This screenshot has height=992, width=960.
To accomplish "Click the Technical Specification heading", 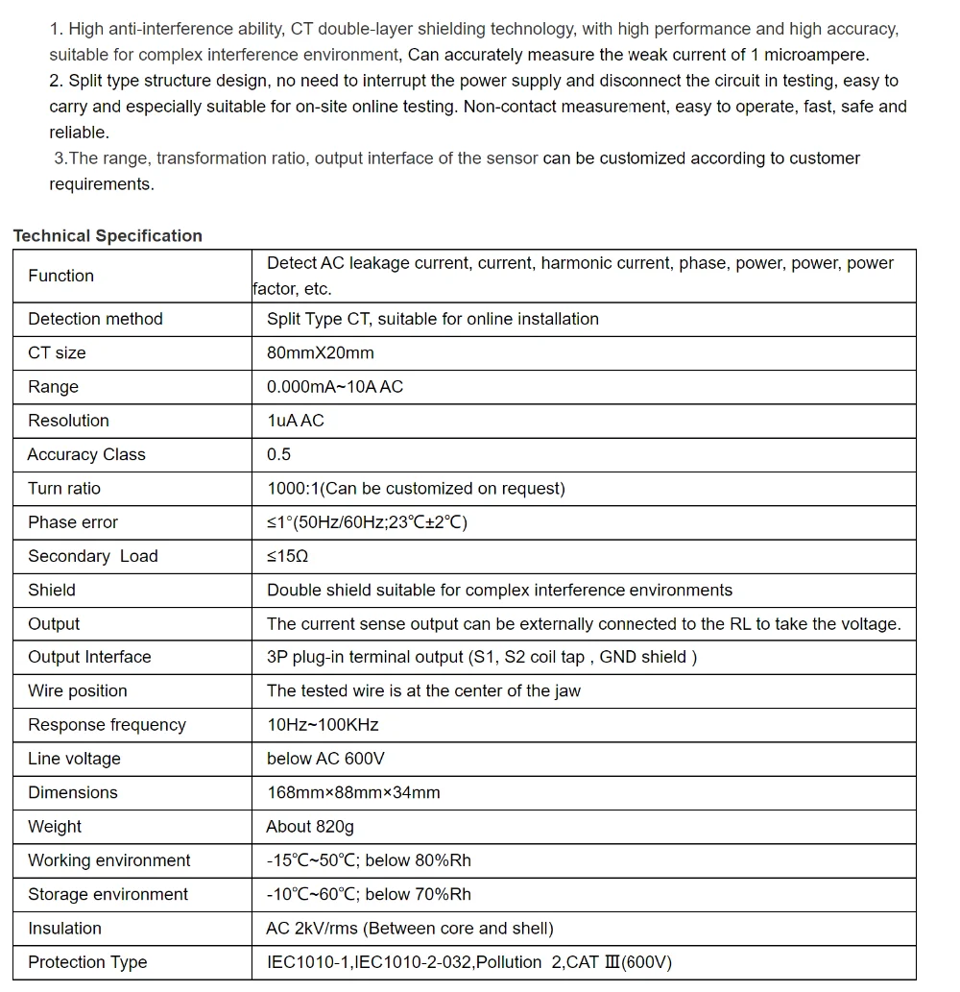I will click(108, 236).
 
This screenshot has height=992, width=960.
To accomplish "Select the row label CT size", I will click(57, 353).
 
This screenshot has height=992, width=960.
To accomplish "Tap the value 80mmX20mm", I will click(320, 353).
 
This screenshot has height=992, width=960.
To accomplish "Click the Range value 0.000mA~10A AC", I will click(334, 387).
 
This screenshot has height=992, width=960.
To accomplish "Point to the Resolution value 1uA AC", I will click(295, 421).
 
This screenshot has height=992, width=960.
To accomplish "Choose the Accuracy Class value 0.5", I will click(278, 454).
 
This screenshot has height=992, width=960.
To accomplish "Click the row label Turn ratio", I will click(63, 489).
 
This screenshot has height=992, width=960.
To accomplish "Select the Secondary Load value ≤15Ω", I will click(287, 556).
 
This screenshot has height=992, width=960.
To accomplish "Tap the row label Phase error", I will click(73, 522).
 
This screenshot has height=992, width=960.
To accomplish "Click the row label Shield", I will click(52, 590).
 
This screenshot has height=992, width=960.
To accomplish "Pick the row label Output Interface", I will click(89, 658).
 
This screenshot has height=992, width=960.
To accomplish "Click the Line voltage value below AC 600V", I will click(325, 759).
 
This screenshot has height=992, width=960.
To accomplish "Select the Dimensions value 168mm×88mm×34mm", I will click(353, 793).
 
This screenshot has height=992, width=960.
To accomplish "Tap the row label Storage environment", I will click(108, 894).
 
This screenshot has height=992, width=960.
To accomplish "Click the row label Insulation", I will click(64, 929).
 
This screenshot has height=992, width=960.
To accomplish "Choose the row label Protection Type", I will click(87, 962).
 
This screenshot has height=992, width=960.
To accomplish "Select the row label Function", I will click(60, 277).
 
